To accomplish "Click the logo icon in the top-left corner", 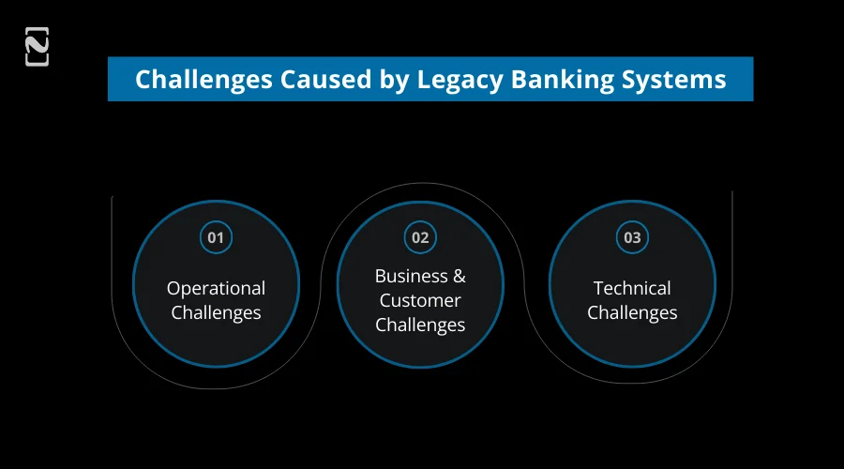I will tap(38, 47).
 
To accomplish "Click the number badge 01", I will tap(216, 237).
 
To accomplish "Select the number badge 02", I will tap(420, 237).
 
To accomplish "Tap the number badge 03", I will tap(632, 237).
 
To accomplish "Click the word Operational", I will tap(216, 288).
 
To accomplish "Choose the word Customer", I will tap(420, 300).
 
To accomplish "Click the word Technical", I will tap(632, 288).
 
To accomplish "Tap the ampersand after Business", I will tap(459, 276).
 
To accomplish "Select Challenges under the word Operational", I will tap(216, 312).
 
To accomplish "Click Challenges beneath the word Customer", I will tap(420, 325).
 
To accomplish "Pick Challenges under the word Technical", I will tap(632, 312).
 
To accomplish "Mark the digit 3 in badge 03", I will tap(637, 237).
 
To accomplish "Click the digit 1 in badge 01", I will tap(220, 237).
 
